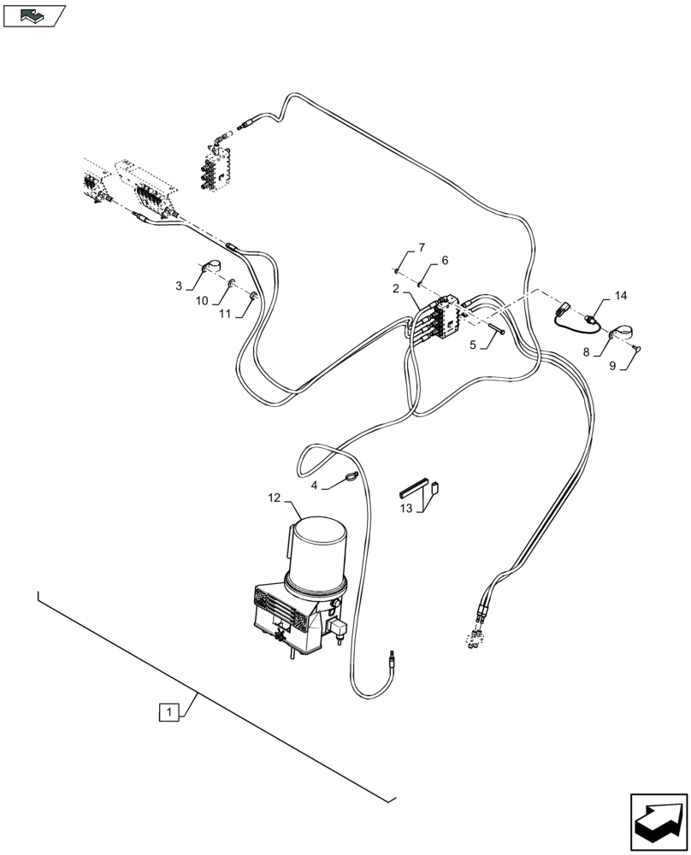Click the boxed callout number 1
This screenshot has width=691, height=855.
pyautogui.click(x=170, y=711)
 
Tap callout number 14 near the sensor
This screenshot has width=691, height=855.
pyautogui.click(x=620, y=296)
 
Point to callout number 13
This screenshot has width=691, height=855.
pyautogui.click(x=406, y=508)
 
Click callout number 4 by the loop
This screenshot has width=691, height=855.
pyautogui.click(x=314, y=486)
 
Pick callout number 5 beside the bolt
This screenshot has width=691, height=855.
pyautogui.click(x=472, y=345)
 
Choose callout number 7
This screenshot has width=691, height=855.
pyautogui.click(x=420, y=248)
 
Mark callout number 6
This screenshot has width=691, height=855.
pyautogui.click(x=444, y=260)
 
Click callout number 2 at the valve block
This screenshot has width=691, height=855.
pyautogui.click(x=395, y=289)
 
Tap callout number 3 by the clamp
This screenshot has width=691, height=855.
pyautogui.click(x=178, y=286)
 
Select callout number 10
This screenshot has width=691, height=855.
pyautogui.click(x=201, y=300)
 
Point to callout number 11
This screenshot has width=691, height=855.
pyautogui.click(x=224, y=314)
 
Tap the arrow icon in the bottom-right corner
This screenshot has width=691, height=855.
pyautogui.click(x=658, y=819)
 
